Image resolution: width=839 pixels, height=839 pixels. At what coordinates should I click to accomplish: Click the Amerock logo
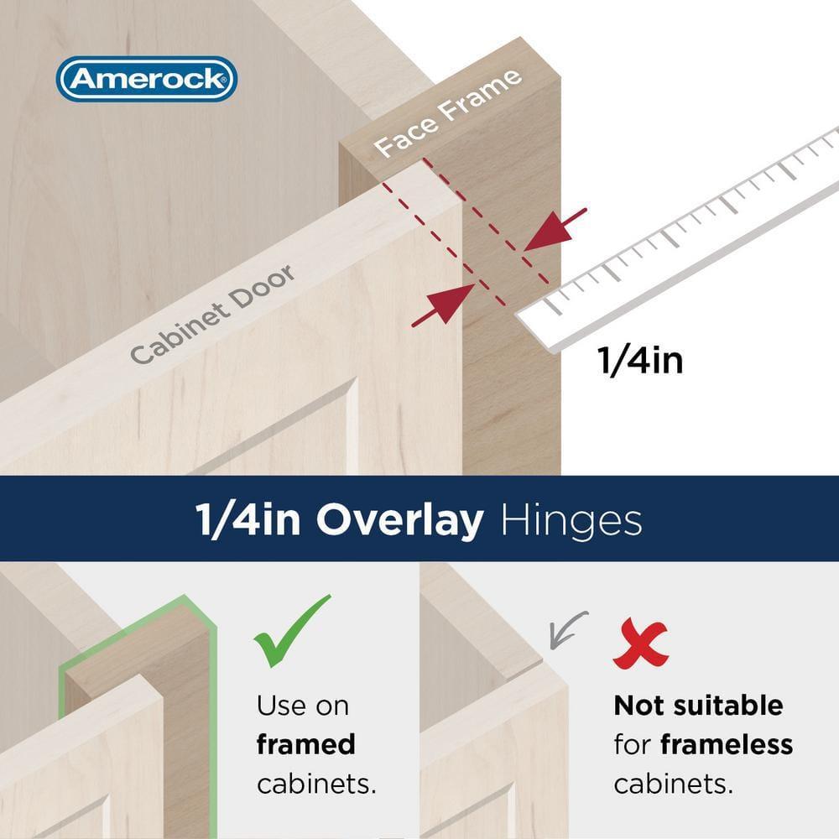coord(146,80)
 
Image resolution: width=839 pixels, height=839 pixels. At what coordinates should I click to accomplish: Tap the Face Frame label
coord(448,113)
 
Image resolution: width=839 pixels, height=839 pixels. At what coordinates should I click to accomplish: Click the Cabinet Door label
coord(213,314)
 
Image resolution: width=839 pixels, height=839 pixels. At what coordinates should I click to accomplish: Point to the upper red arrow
coord(555,228)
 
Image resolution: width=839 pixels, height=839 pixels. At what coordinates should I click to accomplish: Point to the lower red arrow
coord(443,304)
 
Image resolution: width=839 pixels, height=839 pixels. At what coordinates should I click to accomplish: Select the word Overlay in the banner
coord(399,520)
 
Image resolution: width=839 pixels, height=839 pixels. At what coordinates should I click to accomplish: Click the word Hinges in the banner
coord(571,520)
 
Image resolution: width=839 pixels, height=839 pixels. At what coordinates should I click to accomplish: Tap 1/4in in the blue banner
coord(250,520)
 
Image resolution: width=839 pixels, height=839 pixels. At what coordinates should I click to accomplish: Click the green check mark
coord(291,630)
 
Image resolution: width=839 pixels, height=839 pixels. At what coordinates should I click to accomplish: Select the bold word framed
coord(306,744)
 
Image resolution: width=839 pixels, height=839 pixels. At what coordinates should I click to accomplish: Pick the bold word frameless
coord(727,744)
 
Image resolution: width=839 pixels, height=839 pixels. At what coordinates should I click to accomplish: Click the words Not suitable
coord(698,706)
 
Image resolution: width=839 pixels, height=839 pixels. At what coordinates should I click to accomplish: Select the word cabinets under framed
coord(315,784)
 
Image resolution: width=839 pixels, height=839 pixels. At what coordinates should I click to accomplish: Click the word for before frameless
coord(633,744)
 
